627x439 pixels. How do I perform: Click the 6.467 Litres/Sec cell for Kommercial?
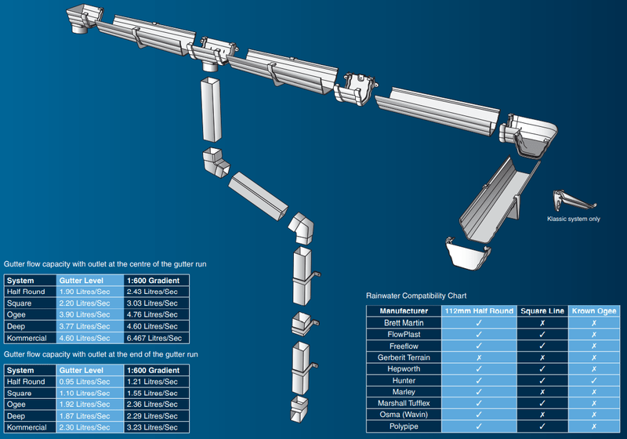(x=154, y=338)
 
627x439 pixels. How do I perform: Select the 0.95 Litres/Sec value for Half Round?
(x=85, y=382)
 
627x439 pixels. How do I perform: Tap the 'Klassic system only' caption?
(x=574, y=219)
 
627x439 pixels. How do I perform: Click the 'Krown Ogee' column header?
(x=594, y=311)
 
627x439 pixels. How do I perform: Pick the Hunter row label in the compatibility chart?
(x=404, y=381)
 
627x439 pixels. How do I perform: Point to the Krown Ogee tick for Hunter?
(x=594, y=381)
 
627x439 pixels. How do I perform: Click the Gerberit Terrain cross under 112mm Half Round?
(x=479, y=357)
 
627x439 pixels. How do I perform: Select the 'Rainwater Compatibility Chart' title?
(x=416, y=296)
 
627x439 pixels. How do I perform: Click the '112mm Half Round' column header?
(x=479, y=311)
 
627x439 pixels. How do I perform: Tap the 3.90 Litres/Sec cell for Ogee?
(x=85, y=314)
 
